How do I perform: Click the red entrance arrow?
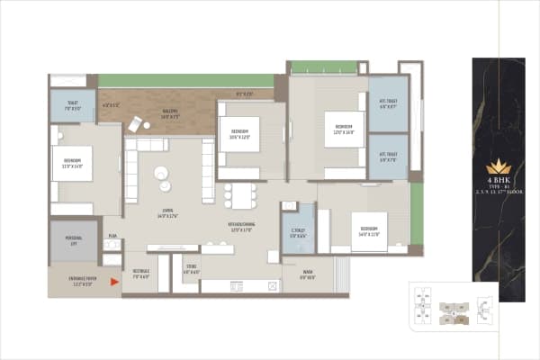click(x=114, y=283)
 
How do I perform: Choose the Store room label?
click(x=192, y=269)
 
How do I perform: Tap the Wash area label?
click(x=307, y=276)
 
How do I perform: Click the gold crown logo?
click(x=498, y=166)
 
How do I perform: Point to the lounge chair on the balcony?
click(x=134, y=125)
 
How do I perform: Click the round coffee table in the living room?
click(x=161, y=174)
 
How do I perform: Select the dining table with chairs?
click(x=239, y=195)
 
